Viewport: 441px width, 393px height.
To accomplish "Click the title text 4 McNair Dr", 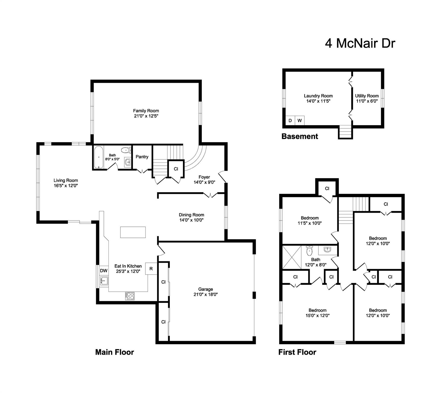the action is [360, 43].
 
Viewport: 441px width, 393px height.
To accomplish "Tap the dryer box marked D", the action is [290, 121].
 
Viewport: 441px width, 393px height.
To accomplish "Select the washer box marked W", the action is [300, 121].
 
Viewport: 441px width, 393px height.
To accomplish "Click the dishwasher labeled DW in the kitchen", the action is [104, 270].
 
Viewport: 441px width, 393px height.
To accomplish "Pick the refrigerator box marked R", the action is [151, 269].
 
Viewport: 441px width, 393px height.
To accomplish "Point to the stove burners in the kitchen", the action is [130, 296].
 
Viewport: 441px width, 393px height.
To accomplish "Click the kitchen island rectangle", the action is [133, 232].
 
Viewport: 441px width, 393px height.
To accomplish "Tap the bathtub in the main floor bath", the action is [99, 157].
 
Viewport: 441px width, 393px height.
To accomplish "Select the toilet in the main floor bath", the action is [126, 150].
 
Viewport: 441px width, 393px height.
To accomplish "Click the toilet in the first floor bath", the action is [309, 251].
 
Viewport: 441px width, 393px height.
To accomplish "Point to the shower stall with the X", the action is [292, 257].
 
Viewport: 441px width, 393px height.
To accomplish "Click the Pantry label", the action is [142, 157].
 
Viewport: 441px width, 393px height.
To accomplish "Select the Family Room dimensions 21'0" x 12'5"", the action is [146, 116].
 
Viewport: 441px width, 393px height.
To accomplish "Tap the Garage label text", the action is [206, 289].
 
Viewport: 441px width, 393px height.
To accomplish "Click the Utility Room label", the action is [367, 96].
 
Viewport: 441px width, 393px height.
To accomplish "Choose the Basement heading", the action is [300, 136].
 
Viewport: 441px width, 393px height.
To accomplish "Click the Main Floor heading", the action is [114, 352].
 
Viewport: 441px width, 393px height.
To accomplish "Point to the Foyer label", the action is [204, 177].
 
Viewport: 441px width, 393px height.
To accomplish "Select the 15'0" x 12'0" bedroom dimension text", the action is [317, 315].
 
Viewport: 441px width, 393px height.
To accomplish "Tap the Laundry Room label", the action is [318, 96].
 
